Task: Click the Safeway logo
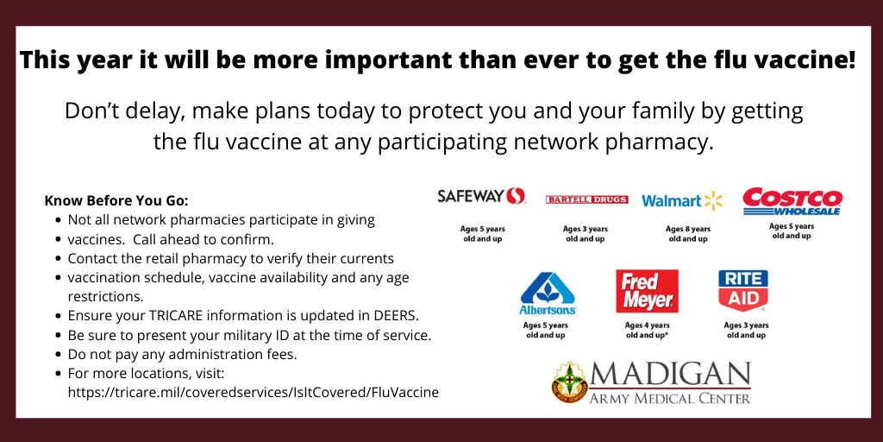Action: coord(481,196)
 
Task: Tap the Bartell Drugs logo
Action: coord(586,199)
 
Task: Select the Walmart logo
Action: coord(682,200)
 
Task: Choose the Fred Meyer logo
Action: coord(647,291)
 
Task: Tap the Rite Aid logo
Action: coord(743,291)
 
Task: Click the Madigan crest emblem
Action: coord(569,382)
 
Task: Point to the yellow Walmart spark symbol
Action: coord(713,200)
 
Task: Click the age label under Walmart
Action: coord(688,234)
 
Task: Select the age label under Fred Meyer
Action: coord(647,331)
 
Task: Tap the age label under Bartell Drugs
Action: coord(586,234)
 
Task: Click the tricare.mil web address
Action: coord(253,393)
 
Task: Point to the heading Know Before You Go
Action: coord(116,200)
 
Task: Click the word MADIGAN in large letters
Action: coord(670,375)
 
